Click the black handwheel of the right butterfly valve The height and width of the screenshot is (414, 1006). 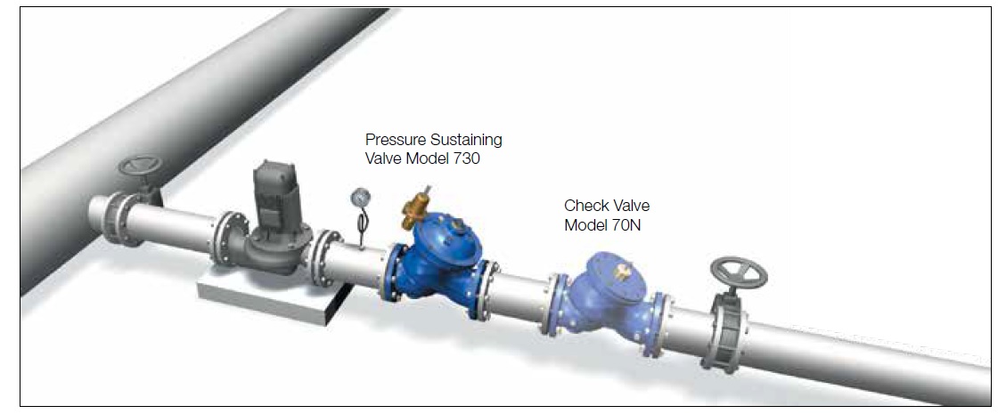[739, 272]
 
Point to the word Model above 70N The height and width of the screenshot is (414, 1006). [584, 225]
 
